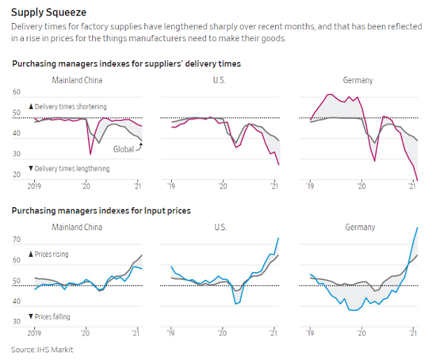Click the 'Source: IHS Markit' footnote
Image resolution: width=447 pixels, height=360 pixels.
tap(42, 349)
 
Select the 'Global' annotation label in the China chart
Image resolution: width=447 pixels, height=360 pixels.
tap(124, 149)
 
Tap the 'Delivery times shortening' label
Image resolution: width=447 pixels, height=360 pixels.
tap(68, 107)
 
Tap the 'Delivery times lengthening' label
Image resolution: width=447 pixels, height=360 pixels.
tap(68, 169)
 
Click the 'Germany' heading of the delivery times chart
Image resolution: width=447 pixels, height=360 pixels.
tap(358, 80)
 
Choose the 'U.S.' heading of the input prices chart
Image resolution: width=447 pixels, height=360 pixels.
tap(219, 227)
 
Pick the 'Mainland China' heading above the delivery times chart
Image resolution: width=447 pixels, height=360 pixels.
tap(78, 80)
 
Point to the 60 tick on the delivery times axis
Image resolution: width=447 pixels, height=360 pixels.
tap(17, 92)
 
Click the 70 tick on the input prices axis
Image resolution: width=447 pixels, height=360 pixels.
tap(17, 239)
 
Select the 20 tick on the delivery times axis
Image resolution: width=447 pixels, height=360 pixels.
tap(17, 174)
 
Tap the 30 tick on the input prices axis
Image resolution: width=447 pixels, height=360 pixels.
tap(17, 322)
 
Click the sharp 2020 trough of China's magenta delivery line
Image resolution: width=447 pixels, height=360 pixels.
tap(90, 153)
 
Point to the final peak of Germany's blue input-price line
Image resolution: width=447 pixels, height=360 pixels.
tap(418, 227)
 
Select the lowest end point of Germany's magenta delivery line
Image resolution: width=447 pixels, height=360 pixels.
tap(418, 181)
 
